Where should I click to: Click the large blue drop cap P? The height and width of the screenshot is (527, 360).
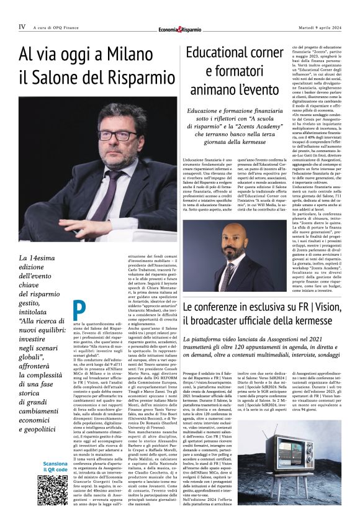click(x=79, y=311)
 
